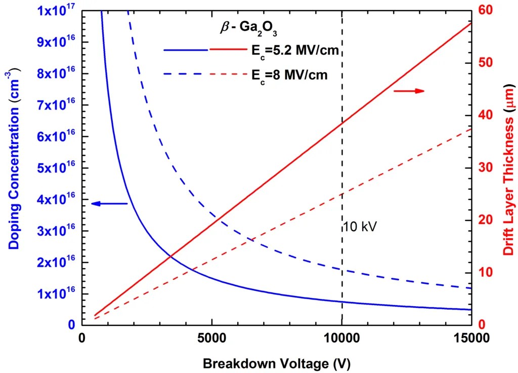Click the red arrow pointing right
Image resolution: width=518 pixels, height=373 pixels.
[409, 91]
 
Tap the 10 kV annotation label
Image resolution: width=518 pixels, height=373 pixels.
[360, 226]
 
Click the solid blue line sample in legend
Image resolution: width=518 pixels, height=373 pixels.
[186, 50]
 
